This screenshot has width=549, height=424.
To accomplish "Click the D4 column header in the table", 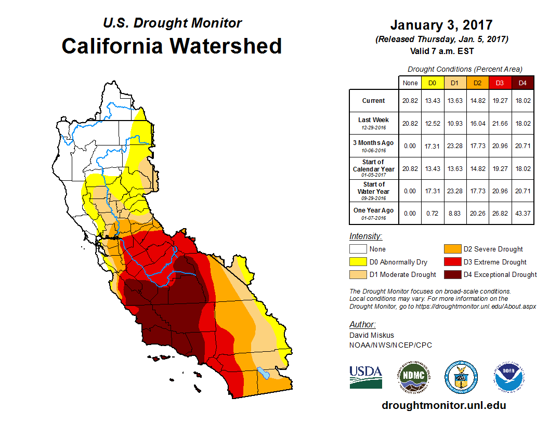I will pyautogui.click(x=523, y=83).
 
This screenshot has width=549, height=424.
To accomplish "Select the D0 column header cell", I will pyautogui.click(x=432, y=83).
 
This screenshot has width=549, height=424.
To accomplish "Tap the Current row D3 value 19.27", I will pyautogui.click(x=500, y=101).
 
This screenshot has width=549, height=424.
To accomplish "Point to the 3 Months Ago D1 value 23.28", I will pyautogui.click(x=455, y=146).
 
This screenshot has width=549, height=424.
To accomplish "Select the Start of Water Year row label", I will pyautogui.click(x=374, y=188).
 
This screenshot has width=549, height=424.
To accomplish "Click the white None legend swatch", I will pyautogui.click(x=358, y=249).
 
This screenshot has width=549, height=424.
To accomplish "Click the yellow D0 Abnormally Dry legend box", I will pyautogui.click(x=358, y=262).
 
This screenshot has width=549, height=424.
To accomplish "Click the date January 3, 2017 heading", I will pyautogui.click(x=441, y=25).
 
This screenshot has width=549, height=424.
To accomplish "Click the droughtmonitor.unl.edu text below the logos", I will pyautogui.click(x=443, y=405).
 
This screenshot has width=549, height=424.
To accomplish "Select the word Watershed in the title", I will pyautogui.click(x=227, y=46).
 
